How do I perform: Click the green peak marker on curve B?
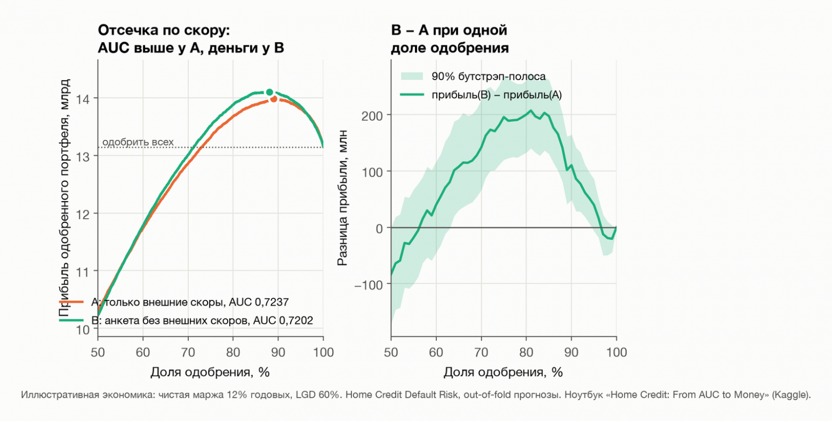click(270, 92)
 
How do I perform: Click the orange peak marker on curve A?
click(274, 99)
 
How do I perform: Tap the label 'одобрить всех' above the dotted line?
click(138, 142)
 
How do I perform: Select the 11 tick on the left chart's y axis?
click(83, 272)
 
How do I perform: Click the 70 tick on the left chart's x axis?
click(188, 352)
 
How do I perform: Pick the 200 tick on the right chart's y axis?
click(372, 116)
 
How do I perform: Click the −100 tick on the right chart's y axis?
click(369, 285)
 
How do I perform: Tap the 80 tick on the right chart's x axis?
click(526, 352)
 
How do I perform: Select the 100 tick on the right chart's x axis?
click(617, 352)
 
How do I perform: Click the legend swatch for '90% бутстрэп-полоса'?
click(412, 76)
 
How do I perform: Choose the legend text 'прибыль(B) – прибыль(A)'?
click(497, 95)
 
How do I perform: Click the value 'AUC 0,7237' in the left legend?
click(259, 302)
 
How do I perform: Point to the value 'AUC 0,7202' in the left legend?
click(283, 320)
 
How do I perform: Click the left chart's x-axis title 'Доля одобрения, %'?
click(210, 372)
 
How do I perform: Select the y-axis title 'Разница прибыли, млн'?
click(342, 198)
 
